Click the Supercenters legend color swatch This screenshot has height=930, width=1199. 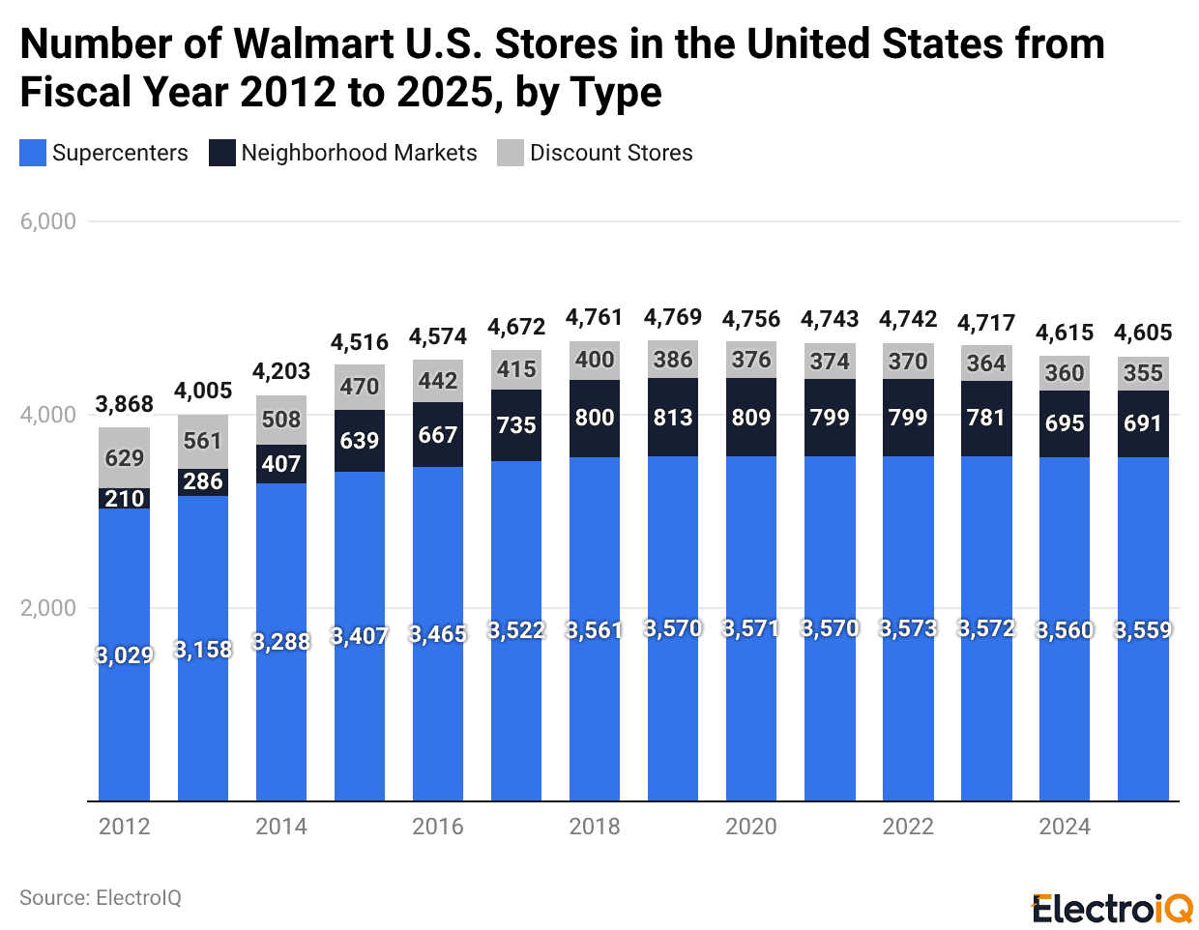pyautogui.click(x=33, y=153)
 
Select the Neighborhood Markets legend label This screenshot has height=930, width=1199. pyautogui.click(x=359, y=153)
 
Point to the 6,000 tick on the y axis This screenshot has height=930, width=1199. pyautogui.click(x=48, y=221)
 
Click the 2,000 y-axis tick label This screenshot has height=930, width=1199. pyautogui.click(x=48, y=608)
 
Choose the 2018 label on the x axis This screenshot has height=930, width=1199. pyautogui.click(x=595, y=827)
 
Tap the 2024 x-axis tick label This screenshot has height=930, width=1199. pyautogui.click(x=1065, y=827)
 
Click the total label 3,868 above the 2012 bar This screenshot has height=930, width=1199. pyautogui.click(x=125, y=404)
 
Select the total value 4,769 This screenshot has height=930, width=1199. pyautogui.click(x=673, y=317)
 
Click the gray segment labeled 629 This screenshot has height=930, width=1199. pyautogui.click(x=125, y=457)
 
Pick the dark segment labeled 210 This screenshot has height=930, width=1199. pyautogui.click(x=125, y=498)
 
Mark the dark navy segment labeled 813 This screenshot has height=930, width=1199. pyautogui.click(x=673, y=417)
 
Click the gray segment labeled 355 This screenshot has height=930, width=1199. pyautogui.click(x=1143, y=373)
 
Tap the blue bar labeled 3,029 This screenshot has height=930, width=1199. pyautogui.click(x=125, y=654)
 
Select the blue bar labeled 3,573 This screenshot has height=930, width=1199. pyautogui.click(x=908, y=628)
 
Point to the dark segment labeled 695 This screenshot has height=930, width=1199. pyautogui.click(x=1065, y=422)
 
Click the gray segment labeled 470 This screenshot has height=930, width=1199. pyautogui.click(x=360, y=387)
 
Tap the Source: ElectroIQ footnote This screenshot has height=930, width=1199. pyautogui.click(x=101, y=898)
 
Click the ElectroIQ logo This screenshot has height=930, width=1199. pyautogui.click(x=1112, y=909)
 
